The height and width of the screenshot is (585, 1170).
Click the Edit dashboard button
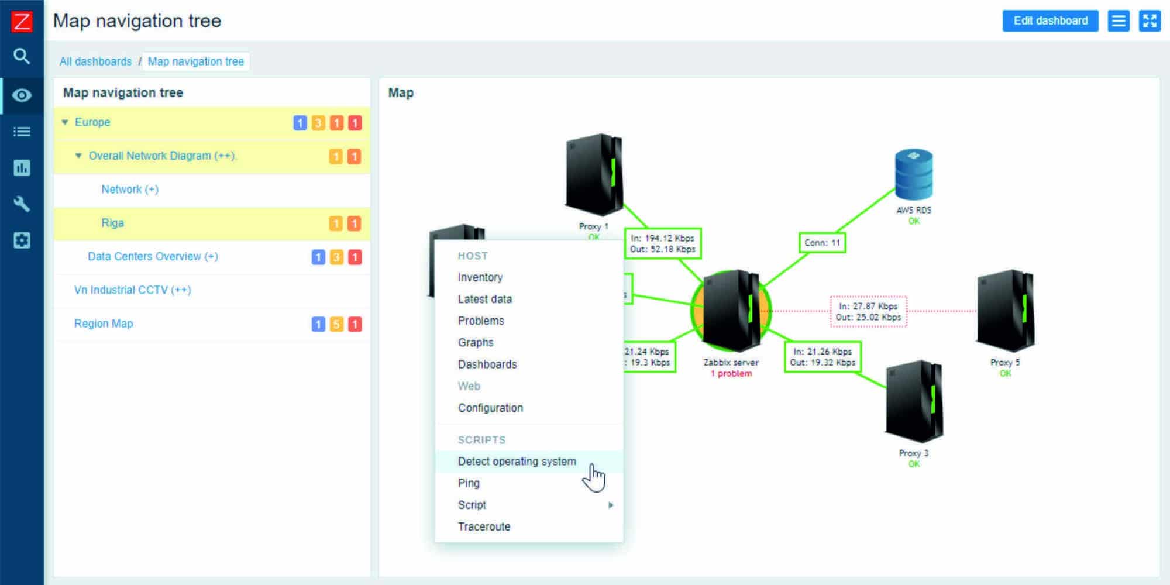[x=1050, y=21]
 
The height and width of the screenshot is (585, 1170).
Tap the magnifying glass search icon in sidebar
[x=22, y=56]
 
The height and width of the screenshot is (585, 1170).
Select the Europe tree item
[x=92, y=122]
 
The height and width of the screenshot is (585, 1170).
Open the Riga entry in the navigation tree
[x=112, y=223]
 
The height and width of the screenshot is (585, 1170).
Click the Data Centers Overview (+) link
[x=153, y=256]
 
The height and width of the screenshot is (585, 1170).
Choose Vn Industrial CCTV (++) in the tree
[x=132, y=290]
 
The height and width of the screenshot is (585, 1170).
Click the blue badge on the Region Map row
[x=318, y=324]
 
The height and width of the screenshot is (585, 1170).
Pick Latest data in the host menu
[x=484, y=299]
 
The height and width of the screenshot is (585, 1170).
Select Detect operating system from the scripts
[x=517, y=462]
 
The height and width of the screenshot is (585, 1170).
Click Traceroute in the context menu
[x=484, y=526]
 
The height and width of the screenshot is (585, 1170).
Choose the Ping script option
[x=469, y=483]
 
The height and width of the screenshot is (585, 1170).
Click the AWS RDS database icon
[x=914, y=175]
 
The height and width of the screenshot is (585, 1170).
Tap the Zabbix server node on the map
[x=731, y=310]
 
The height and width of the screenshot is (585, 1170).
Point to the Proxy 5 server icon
[x=1005, y=310]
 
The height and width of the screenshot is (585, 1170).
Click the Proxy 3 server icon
[x=914, y=401]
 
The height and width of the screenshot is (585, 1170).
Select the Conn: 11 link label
[x=822, y=242]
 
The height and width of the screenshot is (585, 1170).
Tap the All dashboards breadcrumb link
[x=95, y=61]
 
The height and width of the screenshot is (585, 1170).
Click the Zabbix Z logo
[x=22, y=22]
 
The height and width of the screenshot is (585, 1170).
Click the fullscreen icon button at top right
[x=1149, y=21]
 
